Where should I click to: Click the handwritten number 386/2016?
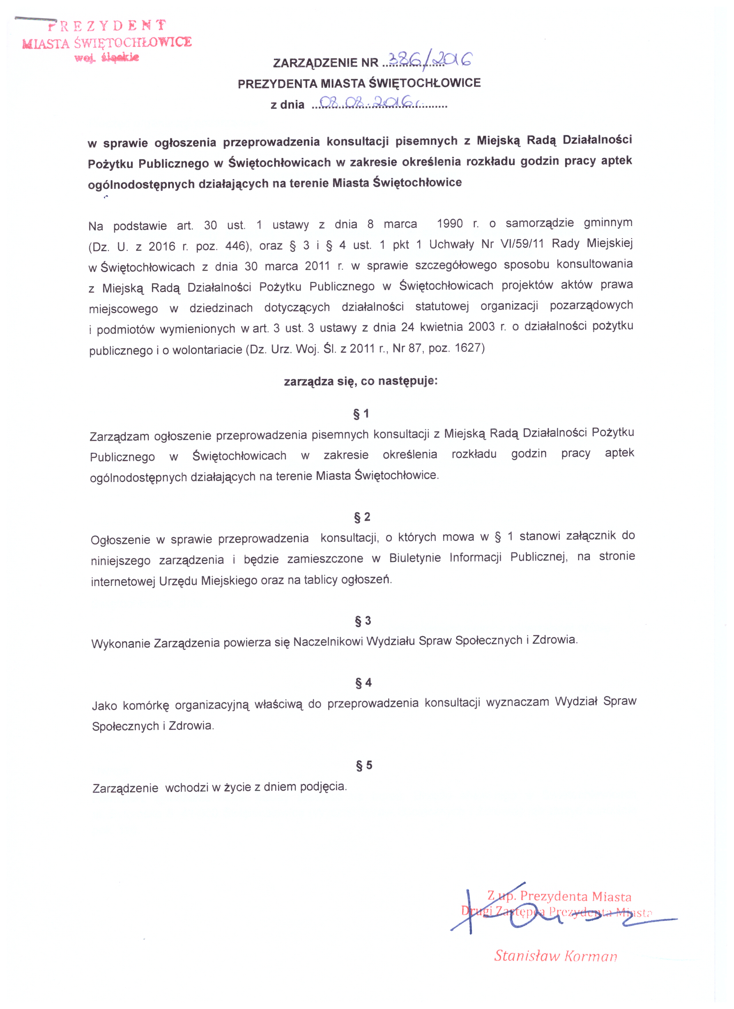[x=430, y=60]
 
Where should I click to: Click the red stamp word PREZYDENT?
[x=107, y=26]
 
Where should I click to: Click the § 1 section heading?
[x=361, y=414]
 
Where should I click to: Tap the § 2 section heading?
[x=362, y=517]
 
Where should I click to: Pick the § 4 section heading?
[x=363, y=682]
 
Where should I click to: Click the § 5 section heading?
[x=364, y=765]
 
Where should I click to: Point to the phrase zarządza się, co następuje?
[x=361, y=381]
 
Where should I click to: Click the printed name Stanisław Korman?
[x=556, y=956]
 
